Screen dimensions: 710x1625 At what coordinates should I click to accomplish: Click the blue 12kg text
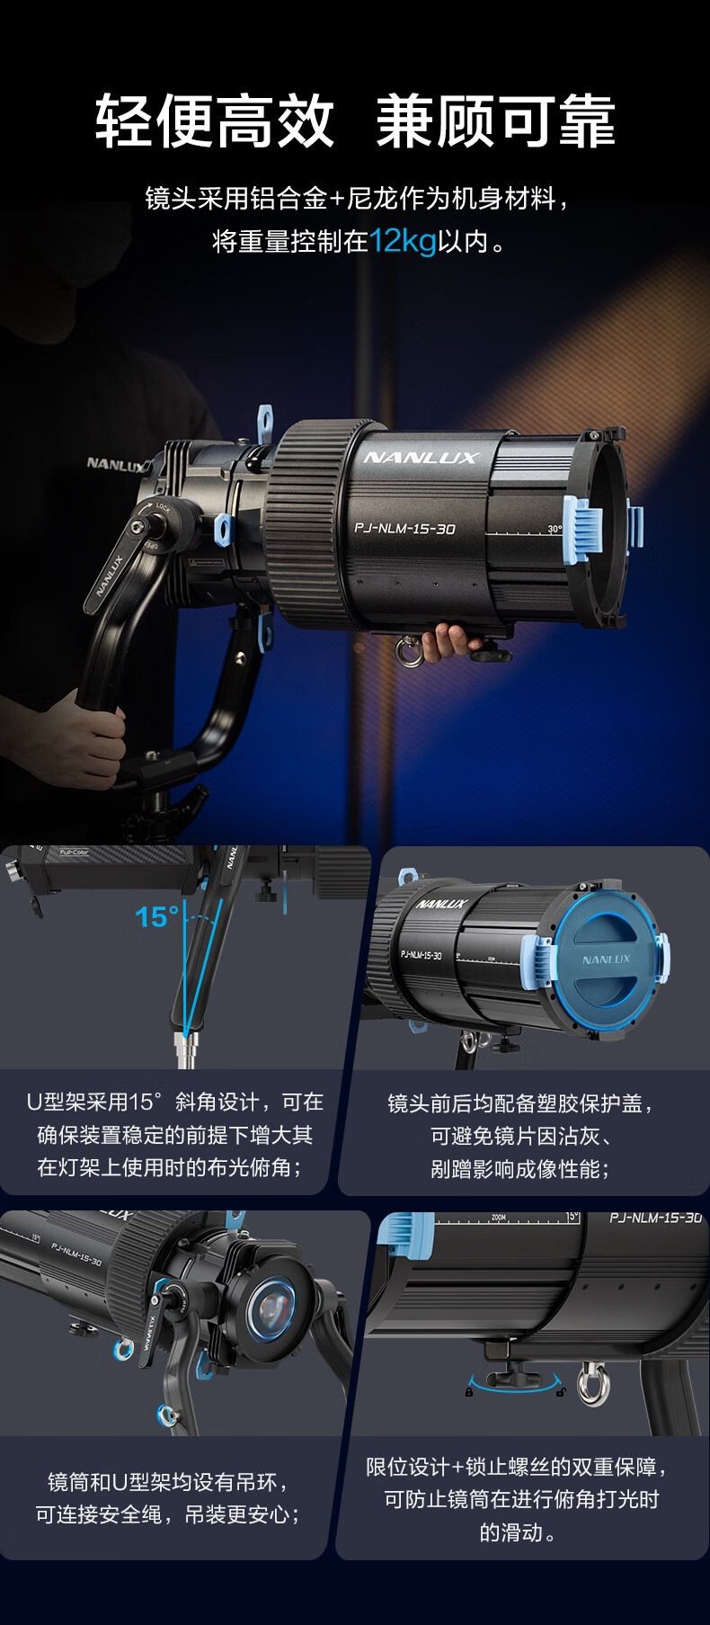tap(404, 242)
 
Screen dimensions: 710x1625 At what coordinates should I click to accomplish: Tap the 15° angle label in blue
tap(157, 917)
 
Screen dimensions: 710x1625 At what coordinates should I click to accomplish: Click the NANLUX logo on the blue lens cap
tap(607, 960)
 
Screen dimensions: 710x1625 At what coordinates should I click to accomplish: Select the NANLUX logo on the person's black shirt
tap(114, 464)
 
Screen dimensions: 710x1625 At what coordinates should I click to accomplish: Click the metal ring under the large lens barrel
tap(413, 649)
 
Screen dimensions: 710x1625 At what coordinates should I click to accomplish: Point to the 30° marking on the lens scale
tap(555, 529)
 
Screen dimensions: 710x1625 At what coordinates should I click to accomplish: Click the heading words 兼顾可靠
tap(495, 121)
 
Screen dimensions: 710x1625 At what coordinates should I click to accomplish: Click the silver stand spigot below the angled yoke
tap(188, 1049)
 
